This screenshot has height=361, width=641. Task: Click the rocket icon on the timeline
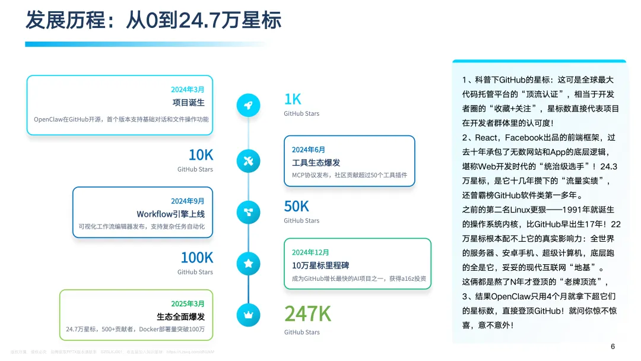coord(248,105)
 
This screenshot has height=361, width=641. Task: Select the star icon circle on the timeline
coord(248,262)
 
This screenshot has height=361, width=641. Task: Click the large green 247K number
coord(307,313)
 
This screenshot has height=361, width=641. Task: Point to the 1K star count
coord(293,99)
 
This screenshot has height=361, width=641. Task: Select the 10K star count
coord(201,155)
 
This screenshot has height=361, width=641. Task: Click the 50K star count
coord(296,206)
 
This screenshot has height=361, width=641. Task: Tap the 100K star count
coord(196,258)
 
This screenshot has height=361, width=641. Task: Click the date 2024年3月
coord(188,90)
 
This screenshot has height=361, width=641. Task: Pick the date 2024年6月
coord(309,150)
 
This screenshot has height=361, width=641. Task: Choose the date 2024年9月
coord(188,201)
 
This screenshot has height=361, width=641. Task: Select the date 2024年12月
coord(310,252)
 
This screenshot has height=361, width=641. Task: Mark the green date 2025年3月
coord(188,304)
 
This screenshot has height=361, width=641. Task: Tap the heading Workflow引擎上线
coord(170,214)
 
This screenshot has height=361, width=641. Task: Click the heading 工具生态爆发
coord(316,163)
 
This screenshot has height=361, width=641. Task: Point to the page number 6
coord(613,347)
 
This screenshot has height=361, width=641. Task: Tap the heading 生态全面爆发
coord(180,316)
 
